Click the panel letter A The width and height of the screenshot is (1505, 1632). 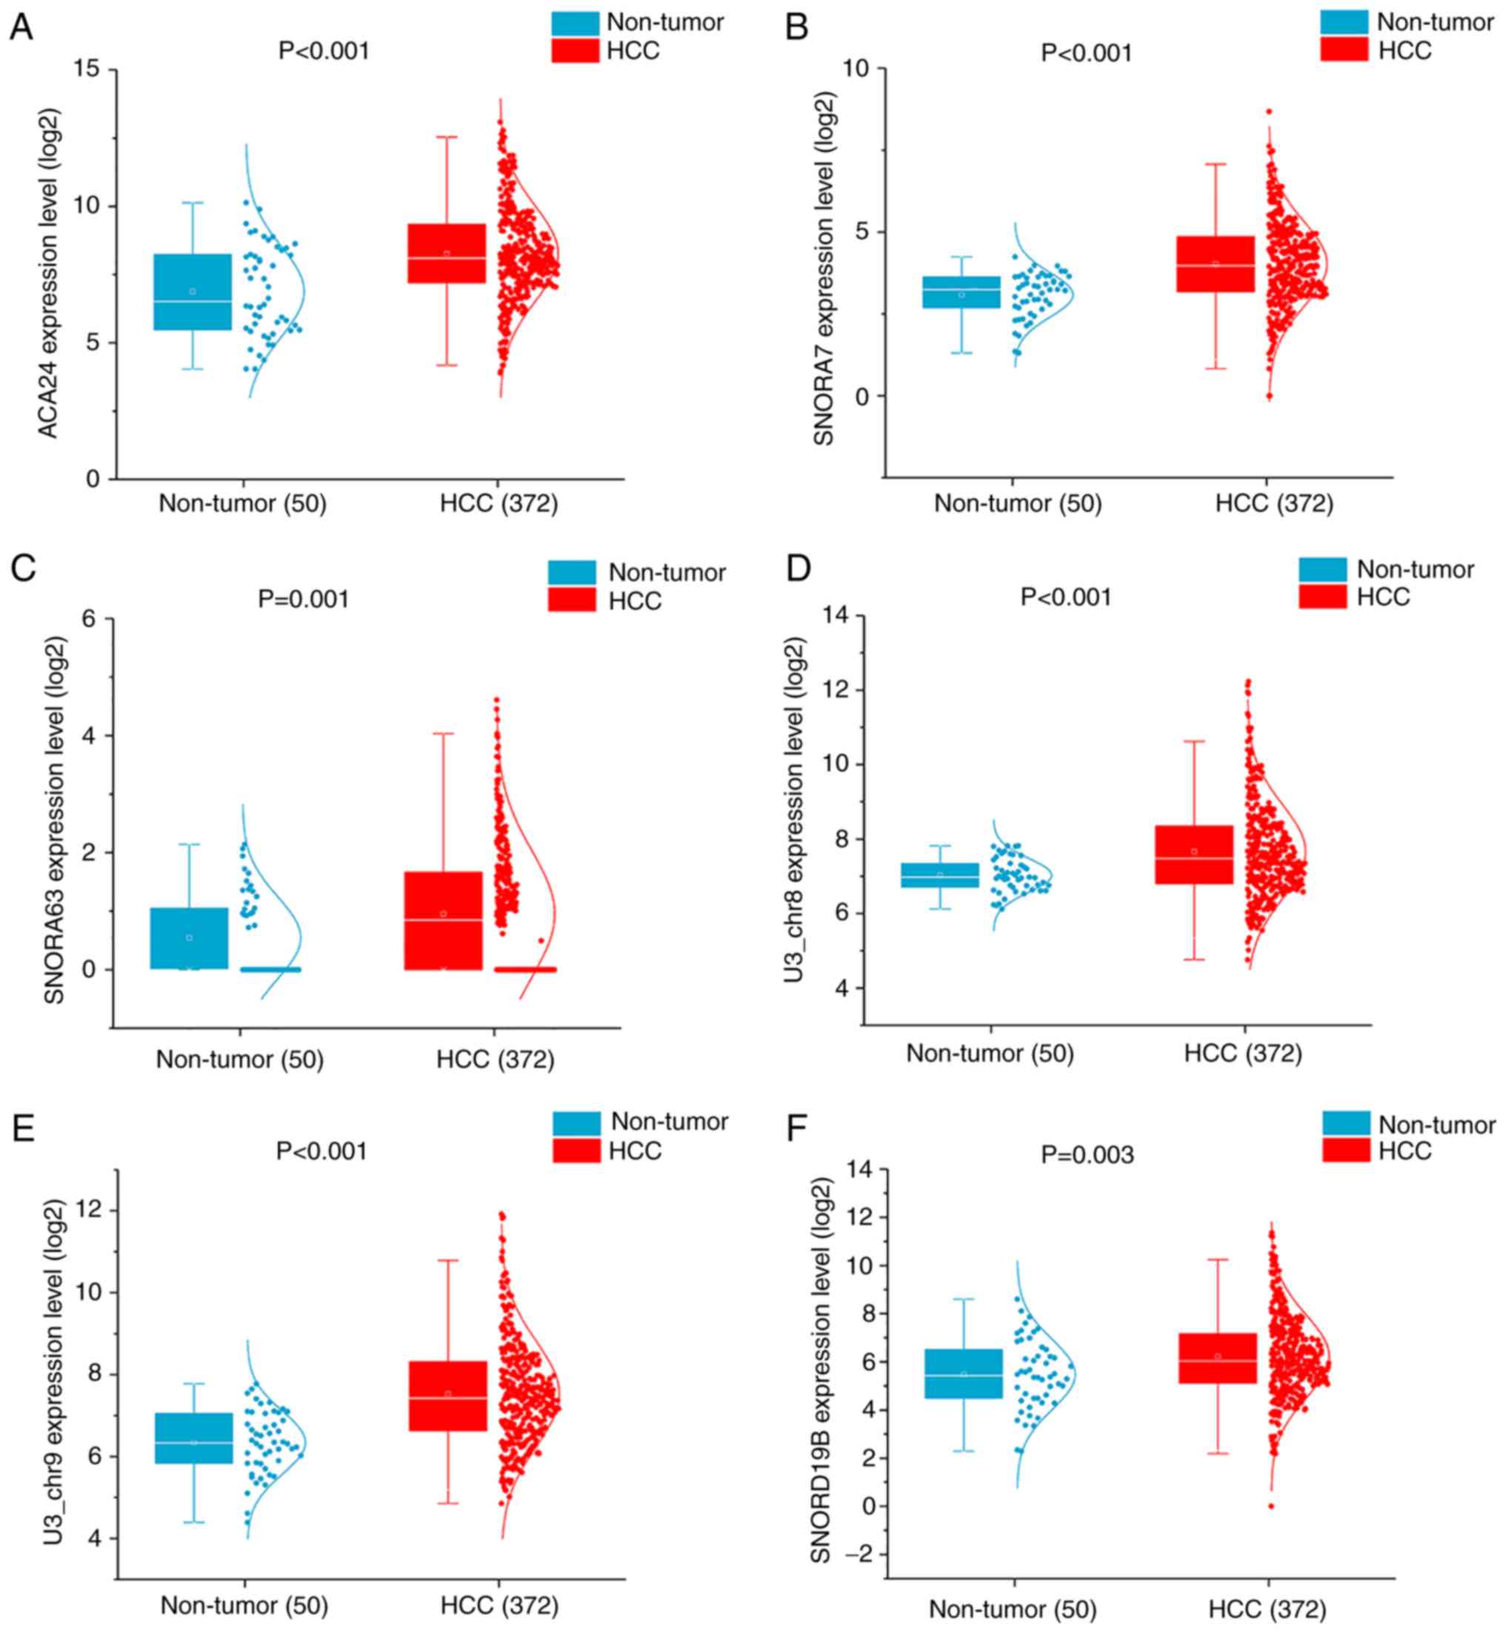[21, 27]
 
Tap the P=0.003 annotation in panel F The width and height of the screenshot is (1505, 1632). [1087, 1155]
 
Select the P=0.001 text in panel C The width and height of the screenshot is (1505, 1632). [304, 599]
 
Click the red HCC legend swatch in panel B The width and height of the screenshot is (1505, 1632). [1344, 50]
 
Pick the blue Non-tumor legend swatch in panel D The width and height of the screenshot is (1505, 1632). [1323, 569]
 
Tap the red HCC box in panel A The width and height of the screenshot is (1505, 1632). [447, 253]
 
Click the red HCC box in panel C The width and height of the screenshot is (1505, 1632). [443, 920]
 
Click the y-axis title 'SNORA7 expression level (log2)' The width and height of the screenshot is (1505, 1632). [824, 269]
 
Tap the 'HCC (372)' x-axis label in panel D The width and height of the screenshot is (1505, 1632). [1243, 1053]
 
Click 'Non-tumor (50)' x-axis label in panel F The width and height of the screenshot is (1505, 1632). [1012, 1609]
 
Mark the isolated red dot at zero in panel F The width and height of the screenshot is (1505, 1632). [1270, 1506]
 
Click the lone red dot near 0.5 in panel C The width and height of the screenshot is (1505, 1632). [541, 941]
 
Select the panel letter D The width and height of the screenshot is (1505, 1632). [798, 567]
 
